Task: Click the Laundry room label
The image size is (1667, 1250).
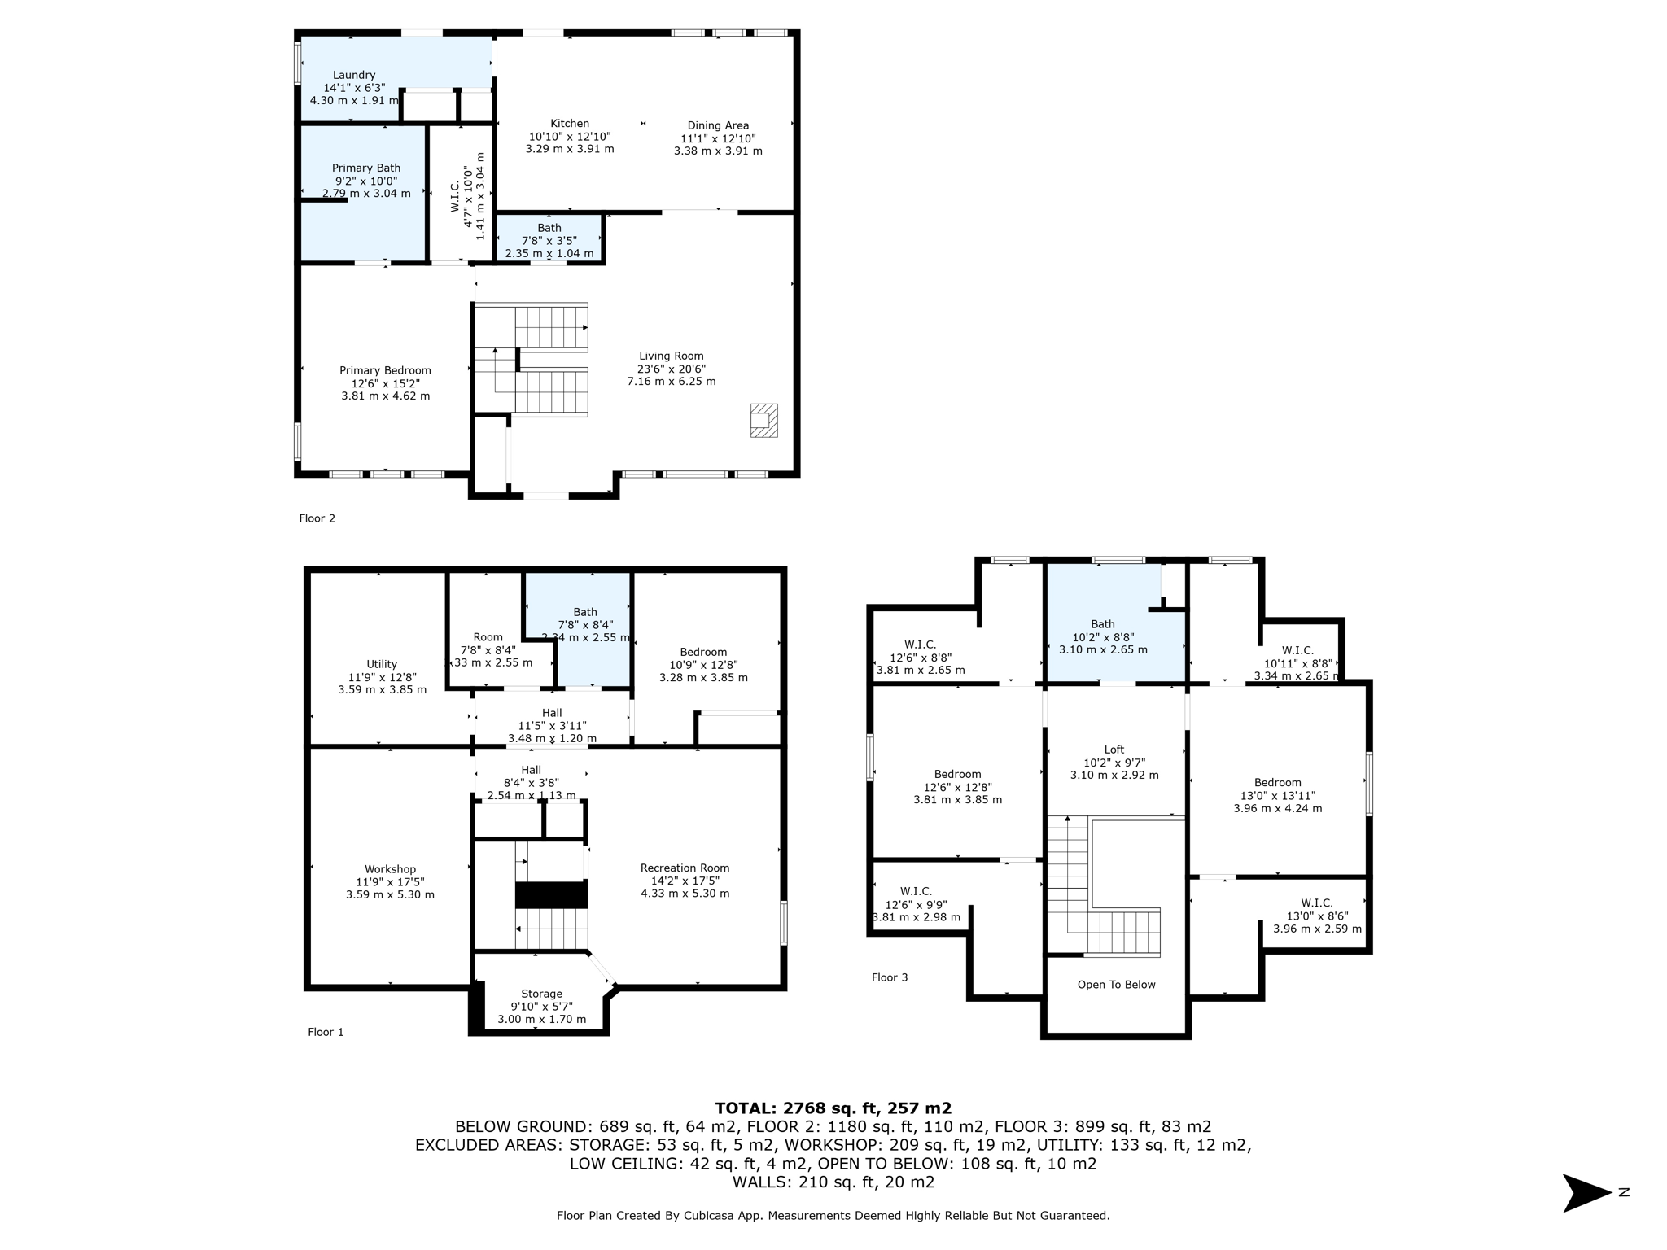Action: click(x=354, y=75)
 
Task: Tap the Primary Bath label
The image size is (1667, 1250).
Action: click(x=366, y=168)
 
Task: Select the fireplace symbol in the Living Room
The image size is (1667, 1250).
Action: click(x=763, y=421)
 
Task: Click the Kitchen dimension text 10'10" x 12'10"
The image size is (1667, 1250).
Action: click(x=570, y=137)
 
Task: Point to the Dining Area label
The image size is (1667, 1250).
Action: click(x=718, y=125)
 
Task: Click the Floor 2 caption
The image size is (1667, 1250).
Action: click(x=317, y=518)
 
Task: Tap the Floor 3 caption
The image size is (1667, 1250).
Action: click(x=890, y=977)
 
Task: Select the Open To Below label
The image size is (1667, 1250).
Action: click(x=1116, y=985)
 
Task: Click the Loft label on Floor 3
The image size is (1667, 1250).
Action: click(x=1114, y=750)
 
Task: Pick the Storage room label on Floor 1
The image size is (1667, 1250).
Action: click(x=541, y=994)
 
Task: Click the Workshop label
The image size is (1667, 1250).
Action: click(x=390, y=869)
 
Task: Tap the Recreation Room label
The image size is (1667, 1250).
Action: click(x=685, y=868)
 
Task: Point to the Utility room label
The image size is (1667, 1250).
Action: click(x=382, y=664)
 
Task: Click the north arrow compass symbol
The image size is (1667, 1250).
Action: click(x=1586, y=1193)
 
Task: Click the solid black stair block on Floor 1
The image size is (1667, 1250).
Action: click(x=551, y=895)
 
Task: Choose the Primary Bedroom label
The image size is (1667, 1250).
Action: click(x=385, y=370)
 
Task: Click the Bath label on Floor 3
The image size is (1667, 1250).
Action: click(x=1103, y=624)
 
